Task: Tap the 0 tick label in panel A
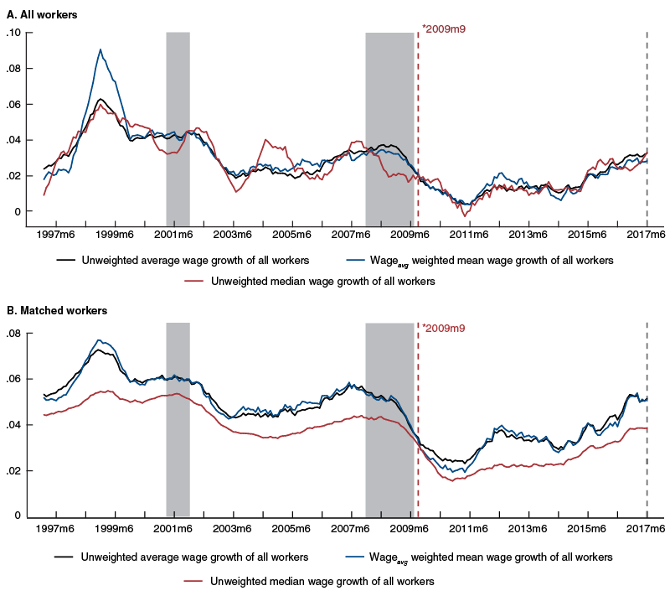pos(17,212)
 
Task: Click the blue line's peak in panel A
pos(100,49)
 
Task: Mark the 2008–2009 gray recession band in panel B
pos(389,419)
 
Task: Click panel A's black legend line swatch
pos(66,260)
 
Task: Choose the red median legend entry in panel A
pos(322,282)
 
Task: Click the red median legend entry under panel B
pos(322,580)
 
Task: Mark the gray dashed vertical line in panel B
pos(647,419)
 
